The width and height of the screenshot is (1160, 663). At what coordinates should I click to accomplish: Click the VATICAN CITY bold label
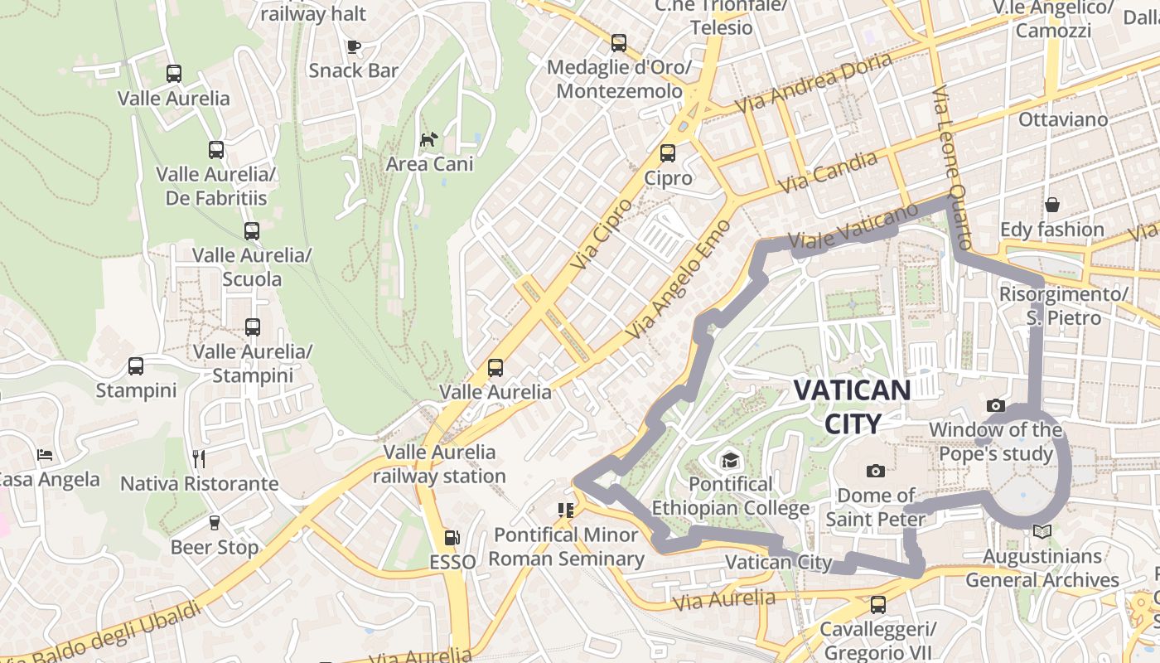[853, 406]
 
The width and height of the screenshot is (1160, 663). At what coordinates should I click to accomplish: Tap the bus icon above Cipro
[667, 153]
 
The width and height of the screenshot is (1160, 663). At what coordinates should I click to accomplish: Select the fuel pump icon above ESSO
[452, 538]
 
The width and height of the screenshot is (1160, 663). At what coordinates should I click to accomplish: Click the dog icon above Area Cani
[428, 139]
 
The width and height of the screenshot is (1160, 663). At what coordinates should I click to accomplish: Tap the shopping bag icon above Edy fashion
[1051, 204]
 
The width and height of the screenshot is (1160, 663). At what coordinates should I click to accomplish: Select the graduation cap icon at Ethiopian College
[730, 460]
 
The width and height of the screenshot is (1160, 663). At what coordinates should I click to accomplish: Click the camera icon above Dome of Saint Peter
[875, 471]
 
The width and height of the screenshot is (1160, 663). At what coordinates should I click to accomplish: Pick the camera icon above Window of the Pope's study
[995, 405]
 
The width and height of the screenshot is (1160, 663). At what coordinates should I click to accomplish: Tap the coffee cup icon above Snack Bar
[354, 46]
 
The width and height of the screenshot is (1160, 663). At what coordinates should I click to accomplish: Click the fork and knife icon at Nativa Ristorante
[198, 458]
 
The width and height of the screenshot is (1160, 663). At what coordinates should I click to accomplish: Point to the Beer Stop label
[215, 547]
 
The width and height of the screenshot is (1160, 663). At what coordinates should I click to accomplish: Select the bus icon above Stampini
[136, 365]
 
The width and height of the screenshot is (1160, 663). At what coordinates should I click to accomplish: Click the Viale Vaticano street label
[853, 226]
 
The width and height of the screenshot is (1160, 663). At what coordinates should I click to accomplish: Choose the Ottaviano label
[1062, 119]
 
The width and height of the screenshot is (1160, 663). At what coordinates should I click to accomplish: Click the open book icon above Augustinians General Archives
[1042, 531]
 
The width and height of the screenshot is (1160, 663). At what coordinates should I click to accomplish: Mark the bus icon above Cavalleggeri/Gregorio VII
[878, 604]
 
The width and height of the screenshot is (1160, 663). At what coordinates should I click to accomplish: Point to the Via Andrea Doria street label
[814, 83]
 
